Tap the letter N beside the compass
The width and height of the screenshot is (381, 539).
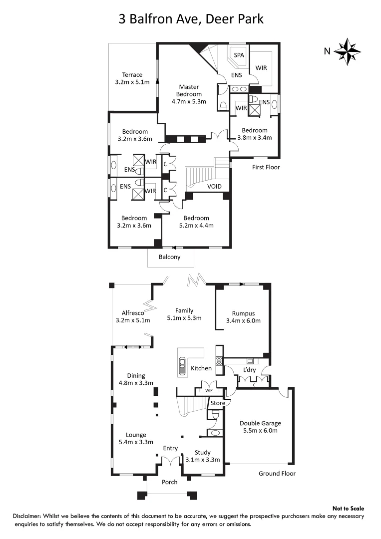[327, 50]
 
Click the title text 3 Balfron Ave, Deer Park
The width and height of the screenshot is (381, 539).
[190, 19]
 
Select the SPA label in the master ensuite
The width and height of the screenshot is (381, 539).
[239, 55]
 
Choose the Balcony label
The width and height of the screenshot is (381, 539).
[169, 257]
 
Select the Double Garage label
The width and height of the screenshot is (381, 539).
[259, 427]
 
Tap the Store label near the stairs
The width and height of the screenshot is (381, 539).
[218, 403]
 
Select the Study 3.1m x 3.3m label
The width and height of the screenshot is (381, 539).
[202, 456]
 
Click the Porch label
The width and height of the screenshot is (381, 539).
[170, 483]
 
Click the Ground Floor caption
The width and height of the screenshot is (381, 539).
[277, 474]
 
